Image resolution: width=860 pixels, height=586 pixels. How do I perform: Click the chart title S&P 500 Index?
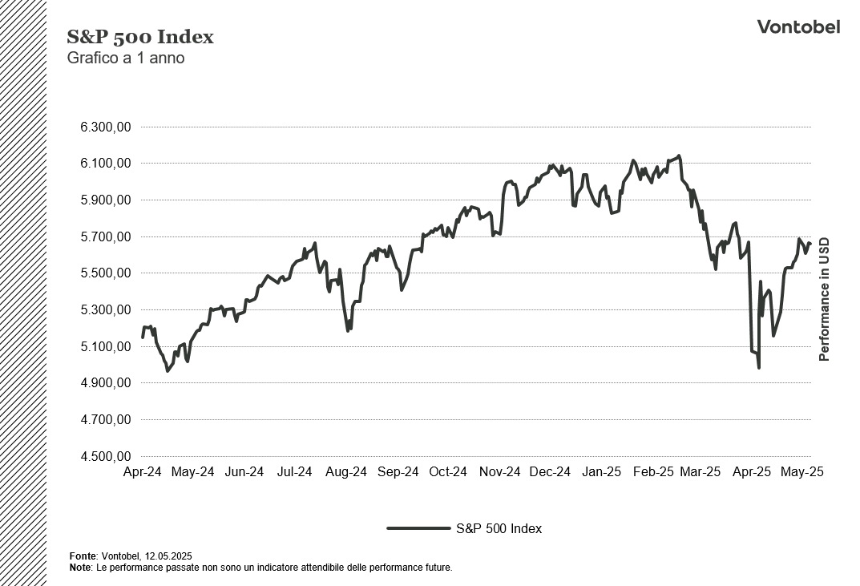(140, 37)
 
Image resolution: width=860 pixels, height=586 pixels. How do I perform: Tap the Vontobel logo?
(798, 26)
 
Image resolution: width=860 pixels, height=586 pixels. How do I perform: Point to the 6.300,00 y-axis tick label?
(105, 127)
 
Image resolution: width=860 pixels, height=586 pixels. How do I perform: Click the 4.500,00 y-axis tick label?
(105, 457)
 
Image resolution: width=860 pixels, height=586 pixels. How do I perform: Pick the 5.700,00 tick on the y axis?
(105, 237)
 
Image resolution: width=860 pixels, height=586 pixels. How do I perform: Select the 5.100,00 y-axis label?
(105, 347)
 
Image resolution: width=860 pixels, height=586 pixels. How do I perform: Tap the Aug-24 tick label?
(346, 472)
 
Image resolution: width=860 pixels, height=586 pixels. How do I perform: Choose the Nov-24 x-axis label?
(500, 472)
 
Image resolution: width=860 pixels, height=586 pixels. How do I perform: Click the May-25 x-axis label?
(802, 472)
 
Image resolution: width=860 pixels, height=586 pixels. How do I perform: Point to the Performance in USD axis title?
(824, 300)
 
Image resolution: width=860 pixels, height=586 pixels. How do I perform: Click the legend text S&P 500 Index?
(499, 528)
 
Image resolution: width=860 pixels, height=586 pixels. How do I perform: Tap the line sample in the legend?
(418, 528)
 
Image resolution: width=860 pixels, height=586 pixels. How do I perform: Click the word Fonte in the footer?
(83, 556)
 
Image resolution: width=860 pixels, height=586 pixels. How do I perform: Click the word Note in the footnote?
(80, 567)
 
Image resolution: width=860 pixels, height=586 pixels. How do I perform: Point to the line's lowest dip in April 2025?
(758, 368)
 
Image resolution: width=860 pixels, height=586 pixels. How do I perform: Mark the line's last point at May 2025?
(810, 243)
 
